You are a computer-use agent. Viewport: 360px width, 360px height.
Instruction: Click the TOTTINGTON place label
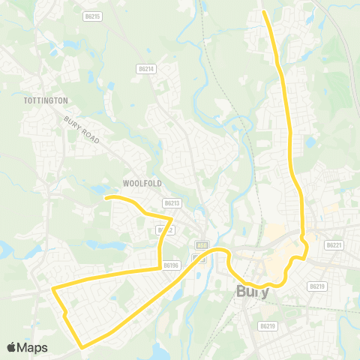coord(46,100)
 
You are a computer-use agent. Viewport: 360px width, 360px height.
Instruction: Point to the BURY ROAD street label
coord(83,126)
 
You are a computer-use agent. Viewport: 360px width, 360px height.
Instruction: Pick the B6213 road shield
coord(172,203)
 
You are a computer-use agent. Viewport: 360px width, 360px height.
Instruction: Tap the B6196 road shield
coord(172,265)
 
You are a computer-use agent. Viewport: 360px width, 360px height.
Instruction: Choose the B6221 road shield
coord(334,244)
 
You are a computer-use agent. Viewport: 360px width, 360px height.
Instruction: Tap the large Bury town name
coord(253,291)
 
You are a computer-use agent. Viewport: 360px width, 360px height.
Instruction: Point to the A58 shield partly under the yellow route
coord(201,245)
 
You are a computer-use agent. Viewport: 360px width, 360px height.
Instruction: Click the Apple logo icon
coord(13,347)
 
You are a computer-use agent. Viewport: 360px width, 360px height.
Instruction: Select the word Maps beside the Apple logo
coord(34,347)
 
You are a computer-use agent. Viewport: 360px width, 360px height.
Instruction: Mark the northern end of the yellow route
coord(264,12)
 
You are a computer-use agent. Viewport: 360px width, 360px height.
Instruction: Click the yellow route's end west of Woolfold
coord(106,197)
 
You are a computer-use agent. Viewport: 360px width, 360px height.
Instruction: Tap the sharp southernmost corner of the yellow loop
coord(81,347)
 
